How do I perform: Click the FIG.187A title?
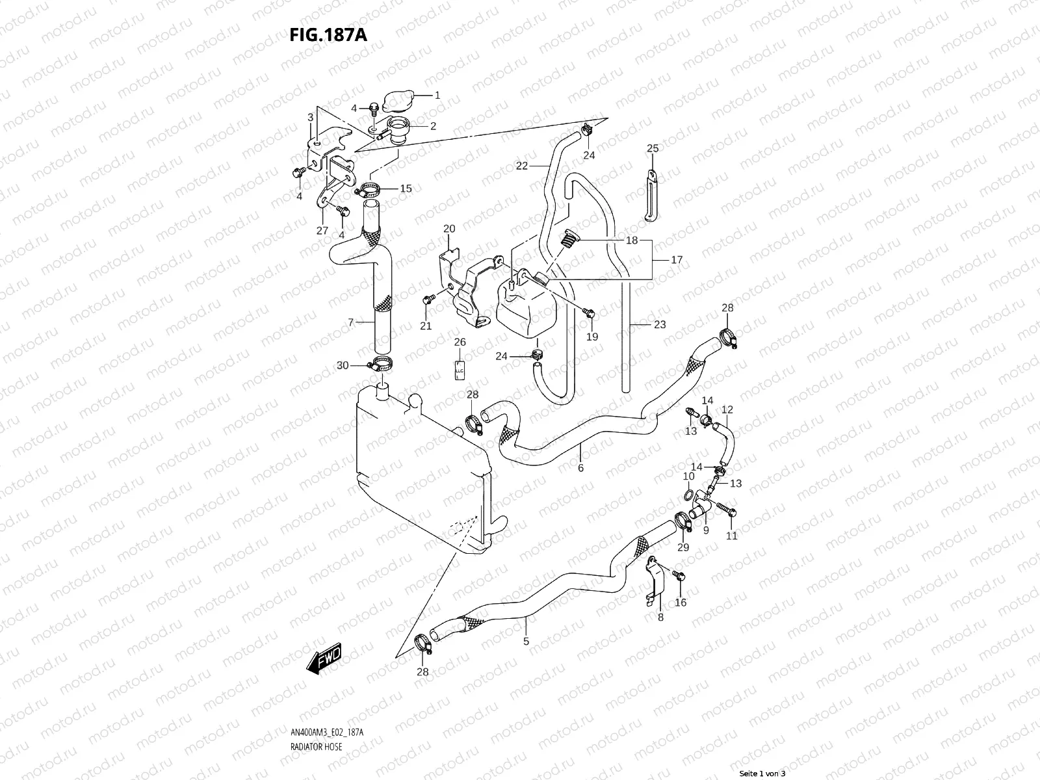[x=328, y=34]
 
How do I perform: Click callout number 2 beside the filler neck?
[x=433, y=126]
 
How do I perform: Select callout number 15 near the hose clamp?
[x=406, y=189]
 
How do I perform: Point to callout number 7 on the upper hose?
[x=350, y=322]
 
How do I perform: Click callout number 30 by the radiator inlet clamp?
[x=343, y=365]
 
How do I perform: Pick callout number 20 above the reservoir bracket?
[x=449, y=229]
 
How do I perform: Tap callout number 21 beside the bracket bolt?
[x=426, y=326]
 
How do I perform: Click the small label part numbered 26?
[x=459, y=369]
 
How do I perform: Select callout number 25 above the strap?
[x=653, y=149]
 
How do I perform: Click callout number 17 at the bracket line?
[x=677, y=260]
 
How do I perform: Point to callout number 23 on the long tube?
[x=660, y=324]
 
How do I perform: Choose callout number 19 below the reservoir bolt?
[x=592, y=337]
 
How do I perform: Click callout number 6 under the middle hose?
[x=580, y=468]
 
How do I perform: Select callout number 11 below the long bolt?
[x=732, y=536]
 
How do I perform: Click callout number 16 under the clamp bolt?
[x=680, y=603]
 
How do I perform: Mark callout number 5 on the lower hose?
[x=526, y=642]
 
